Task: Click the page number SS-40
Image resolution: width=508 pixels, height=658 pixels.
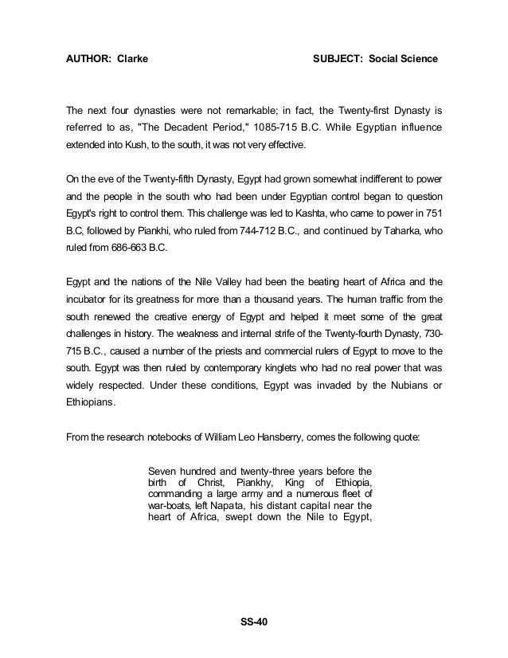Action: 253,621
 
